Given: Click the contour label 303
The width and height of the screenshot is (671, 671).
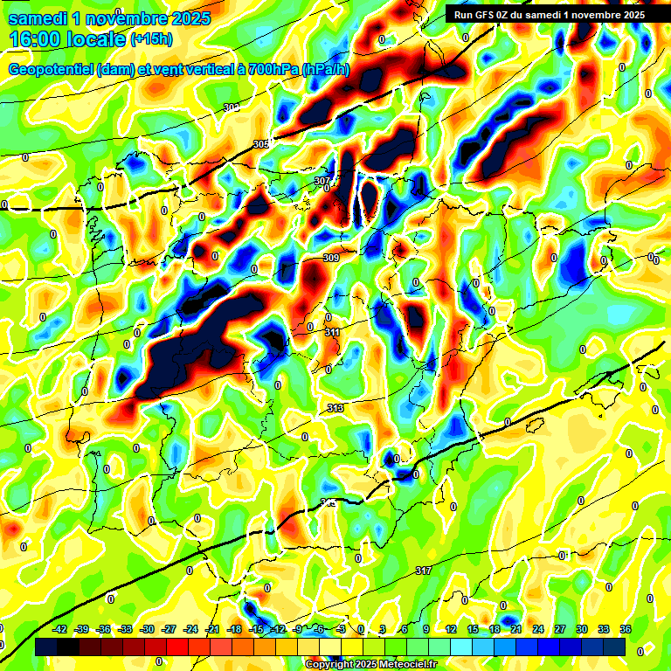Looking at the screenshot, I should point(232,107).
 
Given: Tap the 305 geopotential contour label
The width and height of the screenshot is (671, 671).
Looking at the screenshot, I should point(261,144).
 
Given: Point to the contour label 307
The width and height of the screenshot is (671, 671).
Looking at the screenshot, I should point(322,181).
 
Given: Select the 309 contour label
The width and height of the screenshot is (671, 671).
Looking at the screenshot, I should point(331,258).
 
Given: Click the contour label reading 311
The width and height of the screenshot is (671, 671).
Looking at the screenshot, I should point(333,332).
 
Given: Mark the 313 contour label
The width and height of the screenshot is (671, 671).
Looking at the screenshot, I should point(335,409).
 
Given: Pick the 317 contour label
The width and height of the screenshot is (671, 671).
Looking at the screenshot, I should point(424,571).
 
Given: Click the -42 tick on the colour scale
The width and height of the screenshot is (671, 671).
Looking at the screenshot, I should point(61,629).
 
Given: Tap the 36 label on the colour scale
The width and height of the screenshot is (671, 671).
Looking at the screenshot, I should point(626,629).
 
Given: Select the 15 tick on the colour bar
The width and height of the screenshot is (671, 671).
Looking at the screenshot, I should point(472,629).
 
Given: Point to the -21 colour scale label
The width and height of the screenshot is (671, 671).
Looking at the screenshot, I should point(212,629).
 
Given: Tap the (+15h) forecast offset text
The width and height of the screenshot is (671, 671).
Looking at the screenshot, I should point(151,39).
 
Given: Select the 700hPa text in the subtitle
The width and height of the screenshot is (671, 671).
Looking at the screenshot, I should point(273,70).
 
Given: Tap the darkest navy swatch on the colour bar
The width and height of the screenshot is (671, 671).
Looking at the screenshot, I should point(614,647).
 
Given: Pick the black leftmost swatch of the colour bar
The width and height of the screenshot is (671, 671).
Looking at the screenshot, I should point(45,647).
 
